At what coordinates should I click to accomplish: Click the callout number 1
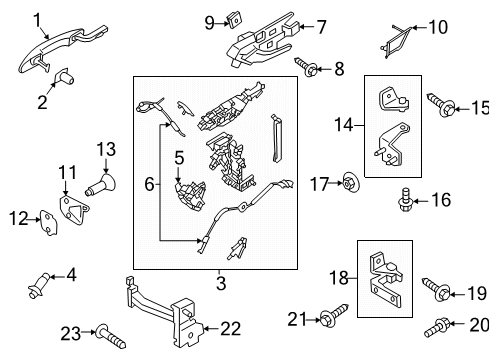point(37,19)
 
